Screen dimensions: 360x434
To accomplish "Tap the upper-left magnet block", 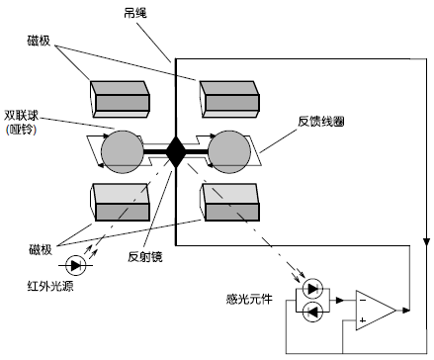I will (x=119, y=97).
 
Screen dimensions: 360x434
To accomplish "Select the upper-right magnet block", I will (x=229, y=97).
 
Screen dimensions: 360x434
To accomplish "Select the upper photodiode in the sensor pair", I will (x=312, y=290).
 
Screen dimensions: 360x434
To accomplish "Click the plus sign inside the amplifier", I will (x=364, y=320).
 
